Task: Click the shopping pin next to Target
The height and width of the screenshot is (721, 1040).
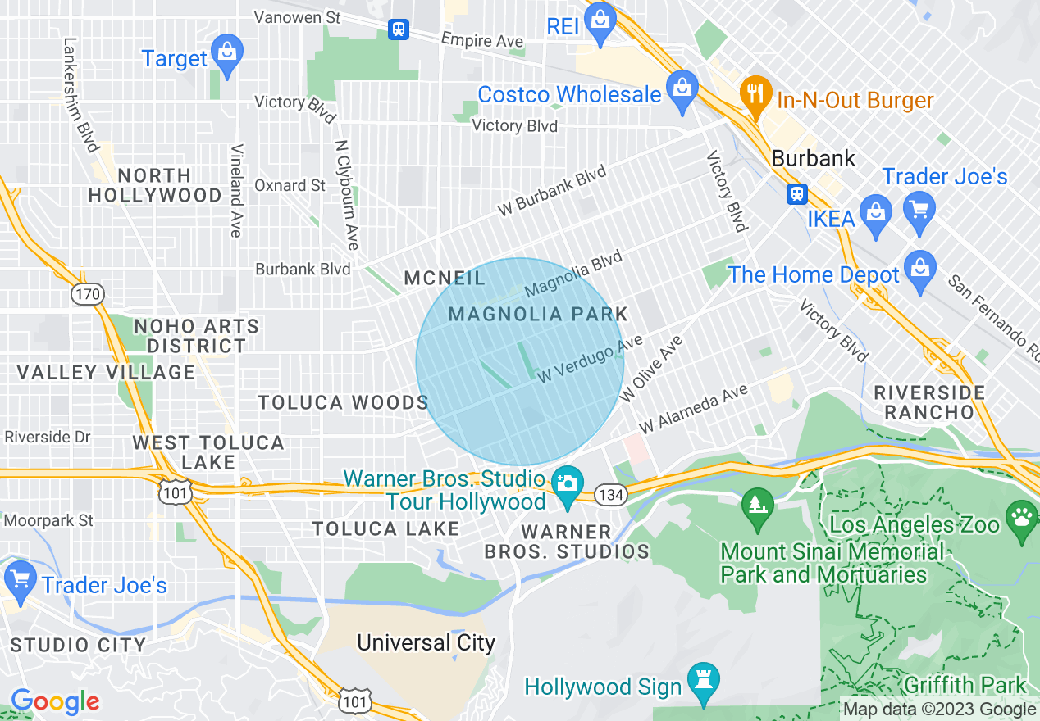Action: pyautogui.click(x=226, y=51)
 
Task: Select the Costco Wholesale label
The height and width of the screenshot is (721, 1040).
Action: pyautogui.click(x=569, y=94)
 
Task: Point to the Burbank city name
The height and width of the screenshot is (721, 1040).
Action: pyautogui.click(x=814, y=158)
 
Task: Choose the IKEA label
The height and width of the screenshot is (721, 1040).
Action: pyautogui.click(x=831, y=219)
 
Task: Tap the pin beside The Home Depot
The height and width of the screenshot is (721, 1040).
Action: pyautogui.click(x=920, y=269)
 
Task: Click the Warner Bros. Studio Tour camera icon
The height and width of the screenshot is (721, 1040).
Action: pyautogui.click(x=566, y=483)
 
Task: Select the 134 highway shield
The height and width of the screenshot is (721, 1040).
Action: pyautogui.click(x=611, y=494)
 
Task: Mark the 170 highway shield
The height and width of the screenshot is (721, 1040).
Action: pyautogui.click(x=87, y=293)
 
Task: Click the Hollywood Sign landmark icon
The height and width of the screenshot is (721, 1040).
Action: pyautogui.click(x=703, y=681)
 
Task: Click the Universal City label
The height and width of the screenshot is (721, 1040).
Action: pyautogui.click(x=426, y=642)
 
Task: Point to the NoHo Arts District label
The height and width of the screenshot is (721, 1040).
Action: pyautogui.click(x=196, y=336)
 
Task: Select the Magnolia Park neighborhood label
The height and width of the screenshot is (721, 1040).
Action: pyautogui.click(x=538, y=314)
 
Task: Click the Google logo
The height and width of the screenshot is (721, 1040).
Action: pyautogui.click(x=55, y=701)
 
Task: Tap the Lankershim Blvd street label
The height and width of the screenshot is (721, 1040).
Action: pyautogui.click(x=80, y=94)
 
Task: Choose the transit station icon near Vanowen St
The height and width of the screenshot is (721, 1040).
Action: pyautogui.click(x=399, y=29)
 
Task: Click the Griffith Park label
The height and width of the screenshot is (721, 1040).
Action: pyautogui.click(x=965, y=684)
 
